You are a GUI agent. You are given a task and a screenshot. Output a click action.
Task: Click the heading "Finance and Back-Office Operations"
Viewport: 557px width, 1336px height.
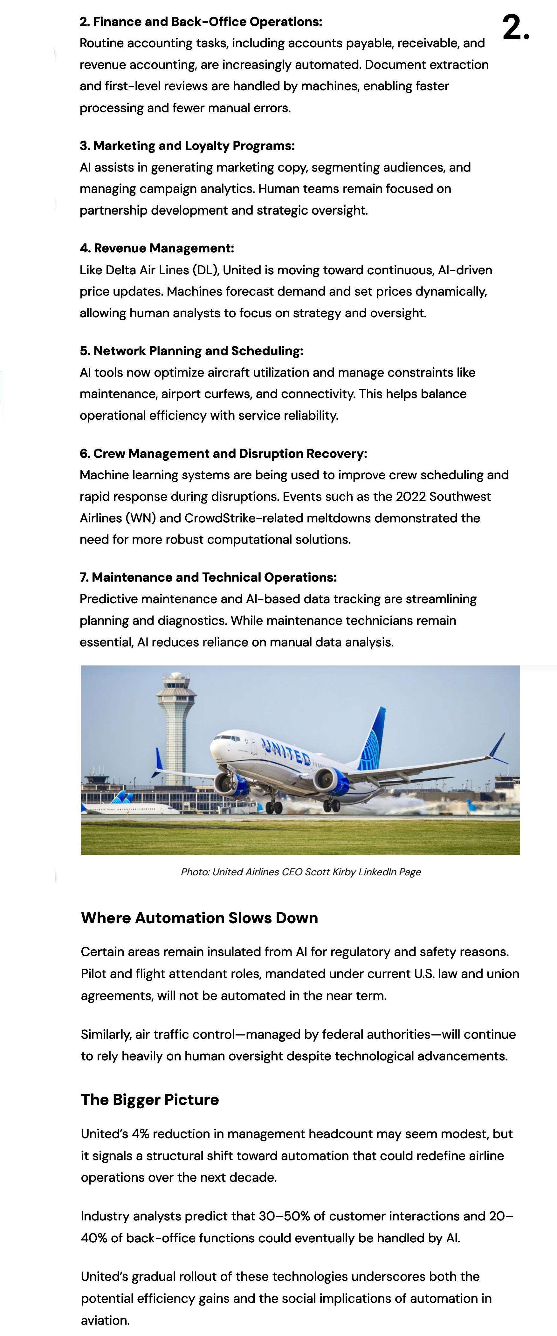(x=207, y=22)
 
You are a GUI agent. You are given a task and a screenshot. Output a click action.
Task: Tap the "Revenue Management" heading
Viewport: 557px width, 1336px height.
(x=163, y=248)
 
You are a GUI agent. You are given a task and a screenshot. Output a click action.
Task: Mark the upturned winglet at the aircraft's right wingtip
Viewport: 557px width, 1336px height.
(x=498, y=747)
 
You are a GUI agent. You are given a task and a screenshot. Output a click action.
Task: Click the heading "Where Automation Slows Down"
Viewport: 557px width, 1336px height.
(x=199, y=918)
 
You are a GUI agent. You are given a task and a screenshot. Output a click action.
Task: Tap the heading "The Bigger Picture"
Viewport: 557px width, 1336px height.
(x=150, y=1100)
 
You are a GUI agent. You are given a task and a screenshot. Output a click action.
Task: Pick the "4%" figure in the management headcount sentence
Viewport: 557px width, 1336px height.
(x=140, y=1134)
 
